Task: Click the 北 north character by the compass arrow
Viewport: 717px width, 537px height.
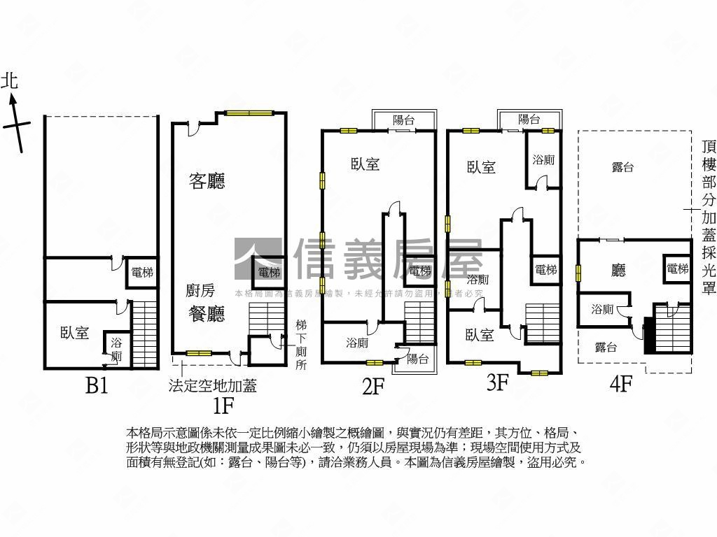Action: (x=9, y=80)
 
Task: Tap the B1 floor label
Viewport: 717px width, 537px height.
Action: (x=97, y=385)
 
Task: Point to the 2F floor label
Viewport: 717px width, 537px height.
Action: (x=374, y=385)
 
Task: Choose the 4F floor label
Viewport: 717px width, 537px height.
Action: (x=621, y=383)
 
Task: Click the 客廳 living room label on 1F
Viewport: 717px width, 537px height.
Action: (x=207, y=182)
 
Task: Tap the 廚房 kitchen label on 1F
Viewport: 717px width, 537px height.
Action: (x=200, y=291)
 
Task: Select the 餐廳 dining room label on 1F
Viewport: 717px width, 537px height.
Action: (x=207, y=314)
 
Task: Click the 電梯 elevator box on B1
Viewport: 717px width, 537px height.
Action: (x=142, y=273)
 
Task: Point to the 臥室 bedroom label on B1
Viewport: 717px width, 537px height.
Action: (x=74, y=333)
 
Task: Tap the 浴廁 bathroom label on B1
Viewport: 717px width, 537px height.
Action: (x=116, y=350)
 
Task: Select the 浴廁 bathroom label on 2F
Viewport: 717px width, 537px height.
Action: (x=357, y=343)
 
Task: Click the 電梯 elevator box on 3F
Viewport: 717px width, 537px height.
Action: (x=545, y=270)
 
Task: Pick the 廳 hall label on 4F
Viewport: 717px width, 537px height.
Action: (x=618, y=270)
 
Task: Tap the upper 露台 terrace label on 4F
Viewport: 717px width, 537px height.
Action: (x=622, y=166)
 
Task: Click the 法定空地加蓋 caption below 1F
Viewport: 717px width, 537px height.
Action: (x=212, y=385)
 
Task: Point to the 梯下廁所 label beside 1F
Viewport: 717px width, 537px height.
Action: (x=301, y=345)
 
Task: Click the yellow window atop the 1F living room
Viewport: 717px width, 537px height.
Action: (x=249, y=113)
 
